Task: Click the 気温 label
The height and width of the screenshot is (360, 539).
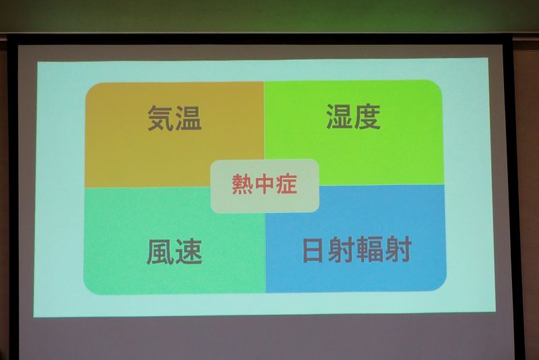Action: point(175,118)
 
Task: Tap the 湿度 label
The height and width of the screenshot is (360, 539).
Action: point(353,117)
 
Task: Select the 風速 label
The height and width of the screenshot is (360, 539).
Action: point(175,252)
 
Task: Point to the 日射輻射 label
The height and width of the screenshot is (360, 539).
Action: point(357,249)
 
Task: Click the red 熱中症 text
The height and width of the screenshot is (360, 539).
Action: point(264,184)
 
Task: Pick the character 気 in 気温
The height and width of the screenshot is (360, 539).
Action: point(160,118)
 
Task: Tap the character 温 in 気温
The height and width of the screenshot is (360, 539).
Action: point(189,118)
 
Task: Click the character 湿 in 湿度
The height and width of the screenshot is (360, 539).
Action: point(340,117)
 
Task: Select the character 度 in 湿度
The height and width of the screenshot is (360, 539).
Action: point(367,117)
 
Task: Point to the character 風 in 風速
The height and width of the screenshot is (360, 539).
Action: point(160,252)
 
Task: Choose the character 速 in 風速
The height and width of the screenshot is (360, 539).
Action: point(189,252)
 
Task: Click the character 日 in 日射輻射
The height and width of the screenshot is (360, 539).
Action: point(313,250)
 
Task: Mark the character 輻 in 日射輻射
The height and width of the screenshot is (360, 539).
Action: point(370,249)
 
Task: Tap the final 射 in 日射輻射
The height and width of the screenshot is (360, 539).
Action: point(398,249)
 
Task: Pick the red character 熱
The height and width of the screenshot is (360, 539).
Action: point(243,184)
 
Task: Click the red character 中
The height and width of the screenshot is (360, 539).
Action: point(264,184)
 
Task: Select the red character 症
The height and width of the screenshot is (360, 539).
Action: point(286,184)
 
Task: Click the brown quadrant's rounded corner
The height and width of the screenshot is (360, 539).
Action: point(90,88)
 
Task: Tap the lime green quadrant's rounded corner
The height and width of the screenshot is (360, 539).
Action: point(437,86)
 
